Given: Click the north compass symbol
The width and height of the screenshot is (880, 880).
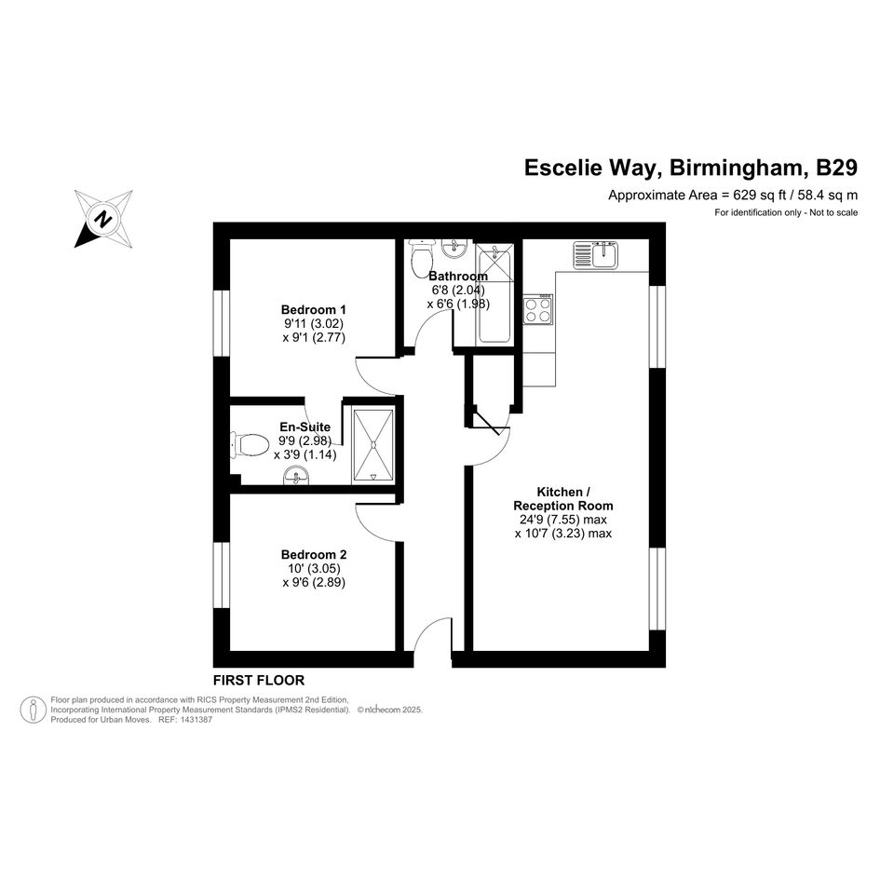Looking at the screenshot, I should click(103, 218).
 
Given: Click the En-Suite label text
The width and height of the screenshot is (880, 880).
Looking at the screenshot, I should click(305, 427).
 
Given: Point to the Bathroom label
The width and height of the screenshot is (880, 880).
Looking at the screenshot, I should click(458, 277).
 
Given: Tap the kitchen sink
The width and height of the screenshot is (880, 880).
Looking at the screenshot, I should click(596, 253).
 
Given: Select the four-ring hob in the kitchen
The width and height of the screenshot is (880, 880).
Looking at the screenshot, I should click(537, 309).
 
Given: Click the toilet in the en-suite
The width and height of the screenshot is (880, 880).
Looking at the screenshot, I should click(248, 444).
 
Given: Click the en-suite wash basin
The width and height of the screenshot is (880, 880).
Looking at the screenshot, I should click(296, 479).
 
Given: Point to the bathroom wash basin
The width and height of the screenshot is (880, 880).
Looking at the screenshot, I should click(455, 248).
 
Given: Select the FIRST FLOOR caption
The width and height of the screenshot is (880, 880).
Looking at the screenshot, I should click(259, 681).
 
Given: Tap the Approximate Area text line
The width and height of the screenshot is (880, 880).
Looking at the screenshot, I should click(732, 196).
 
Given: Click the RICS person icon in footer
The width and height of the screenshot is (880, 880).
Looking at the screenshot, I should click(34, 710).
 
